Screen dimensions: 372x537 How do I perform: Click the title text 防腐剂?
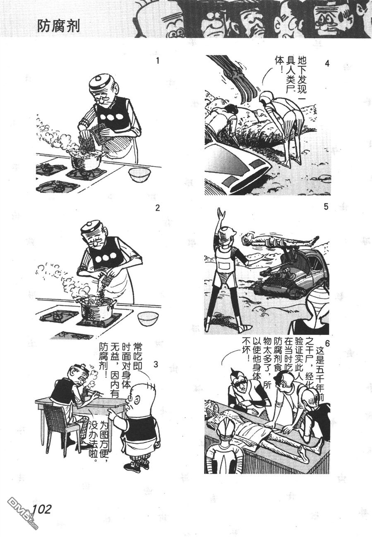pyautogui.click(x=58, y=26)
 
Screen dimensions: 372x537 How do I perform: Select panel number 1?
pyautogui.click(x=157, y=61)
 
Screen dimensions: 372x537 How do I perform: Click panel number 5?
pyautogui.click(x=326, y=207)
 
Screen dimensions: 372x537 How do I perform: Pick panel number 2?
pyautogui.click(x=157, y=208)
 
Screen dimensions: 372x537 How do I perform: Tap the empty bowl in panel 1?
pyautogui.click(x=139, y=175)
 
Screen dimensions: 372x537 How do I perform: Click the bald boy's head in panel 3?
pyautogui.click(x=142, y=394)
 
